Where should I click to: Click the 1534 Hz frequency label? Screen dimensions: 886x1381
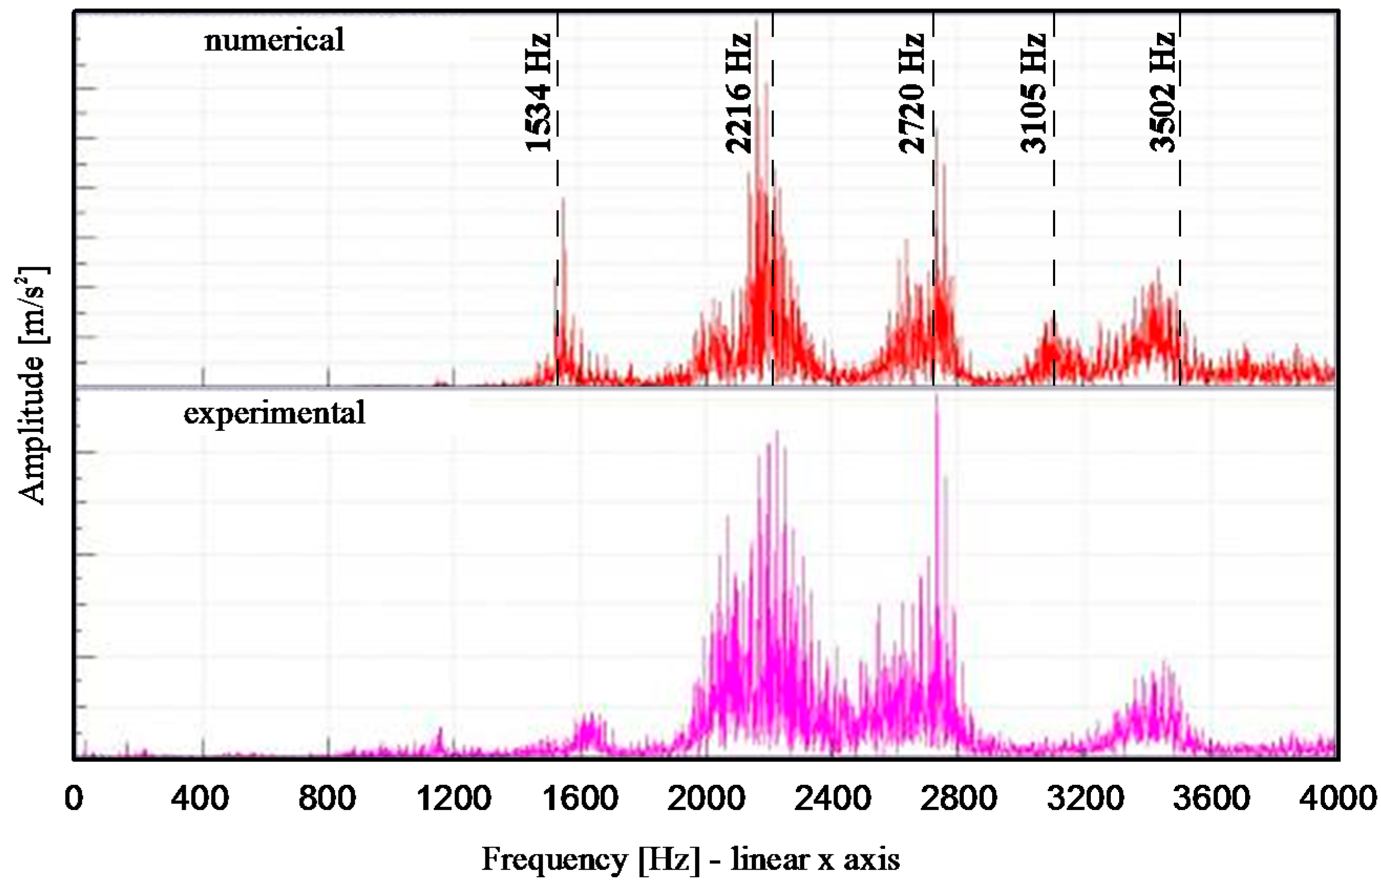point(538,92)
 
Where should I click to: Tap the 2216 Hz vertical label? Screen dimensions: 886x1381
point(738,92)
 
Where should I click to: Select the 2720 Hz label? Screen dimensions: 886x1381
point(911,92)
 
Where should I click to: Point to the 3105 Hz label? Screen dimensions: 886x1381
point(1033,92)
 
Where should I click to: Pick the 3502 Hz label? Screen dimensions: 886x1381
point(1162,92)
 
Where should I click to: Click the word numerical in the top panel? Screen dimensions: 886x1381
point(274,40)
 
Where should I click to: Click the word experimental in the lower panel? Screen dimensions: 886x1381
point(274,413)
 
